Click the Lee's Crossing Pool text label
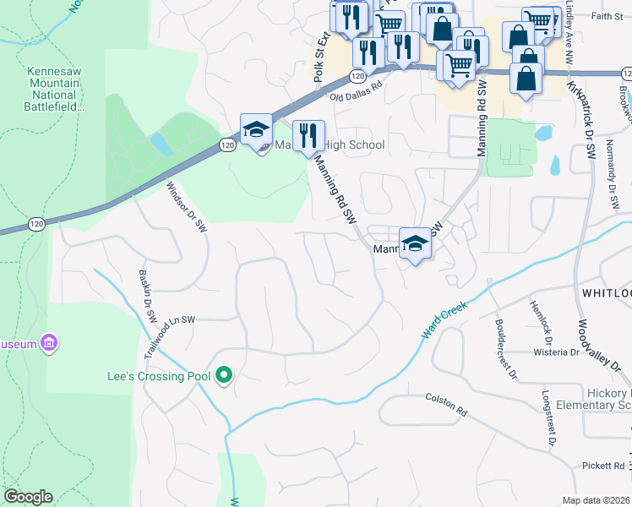tap(157, 375)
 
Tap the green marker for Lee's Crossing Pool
tap(224, 374)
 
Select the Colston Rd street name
tap(446, 403)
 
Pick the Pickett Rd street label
tap(602, 466)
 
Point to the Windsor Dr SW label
tap(187, 207)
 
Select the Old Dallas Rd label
tap(356, 90)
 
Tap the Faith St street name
tap(607, 15)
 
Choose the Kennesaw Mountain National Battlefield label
tap(55, 89)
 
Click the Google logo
tap(28, 497)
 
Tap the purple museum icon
tap(50, 343)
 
